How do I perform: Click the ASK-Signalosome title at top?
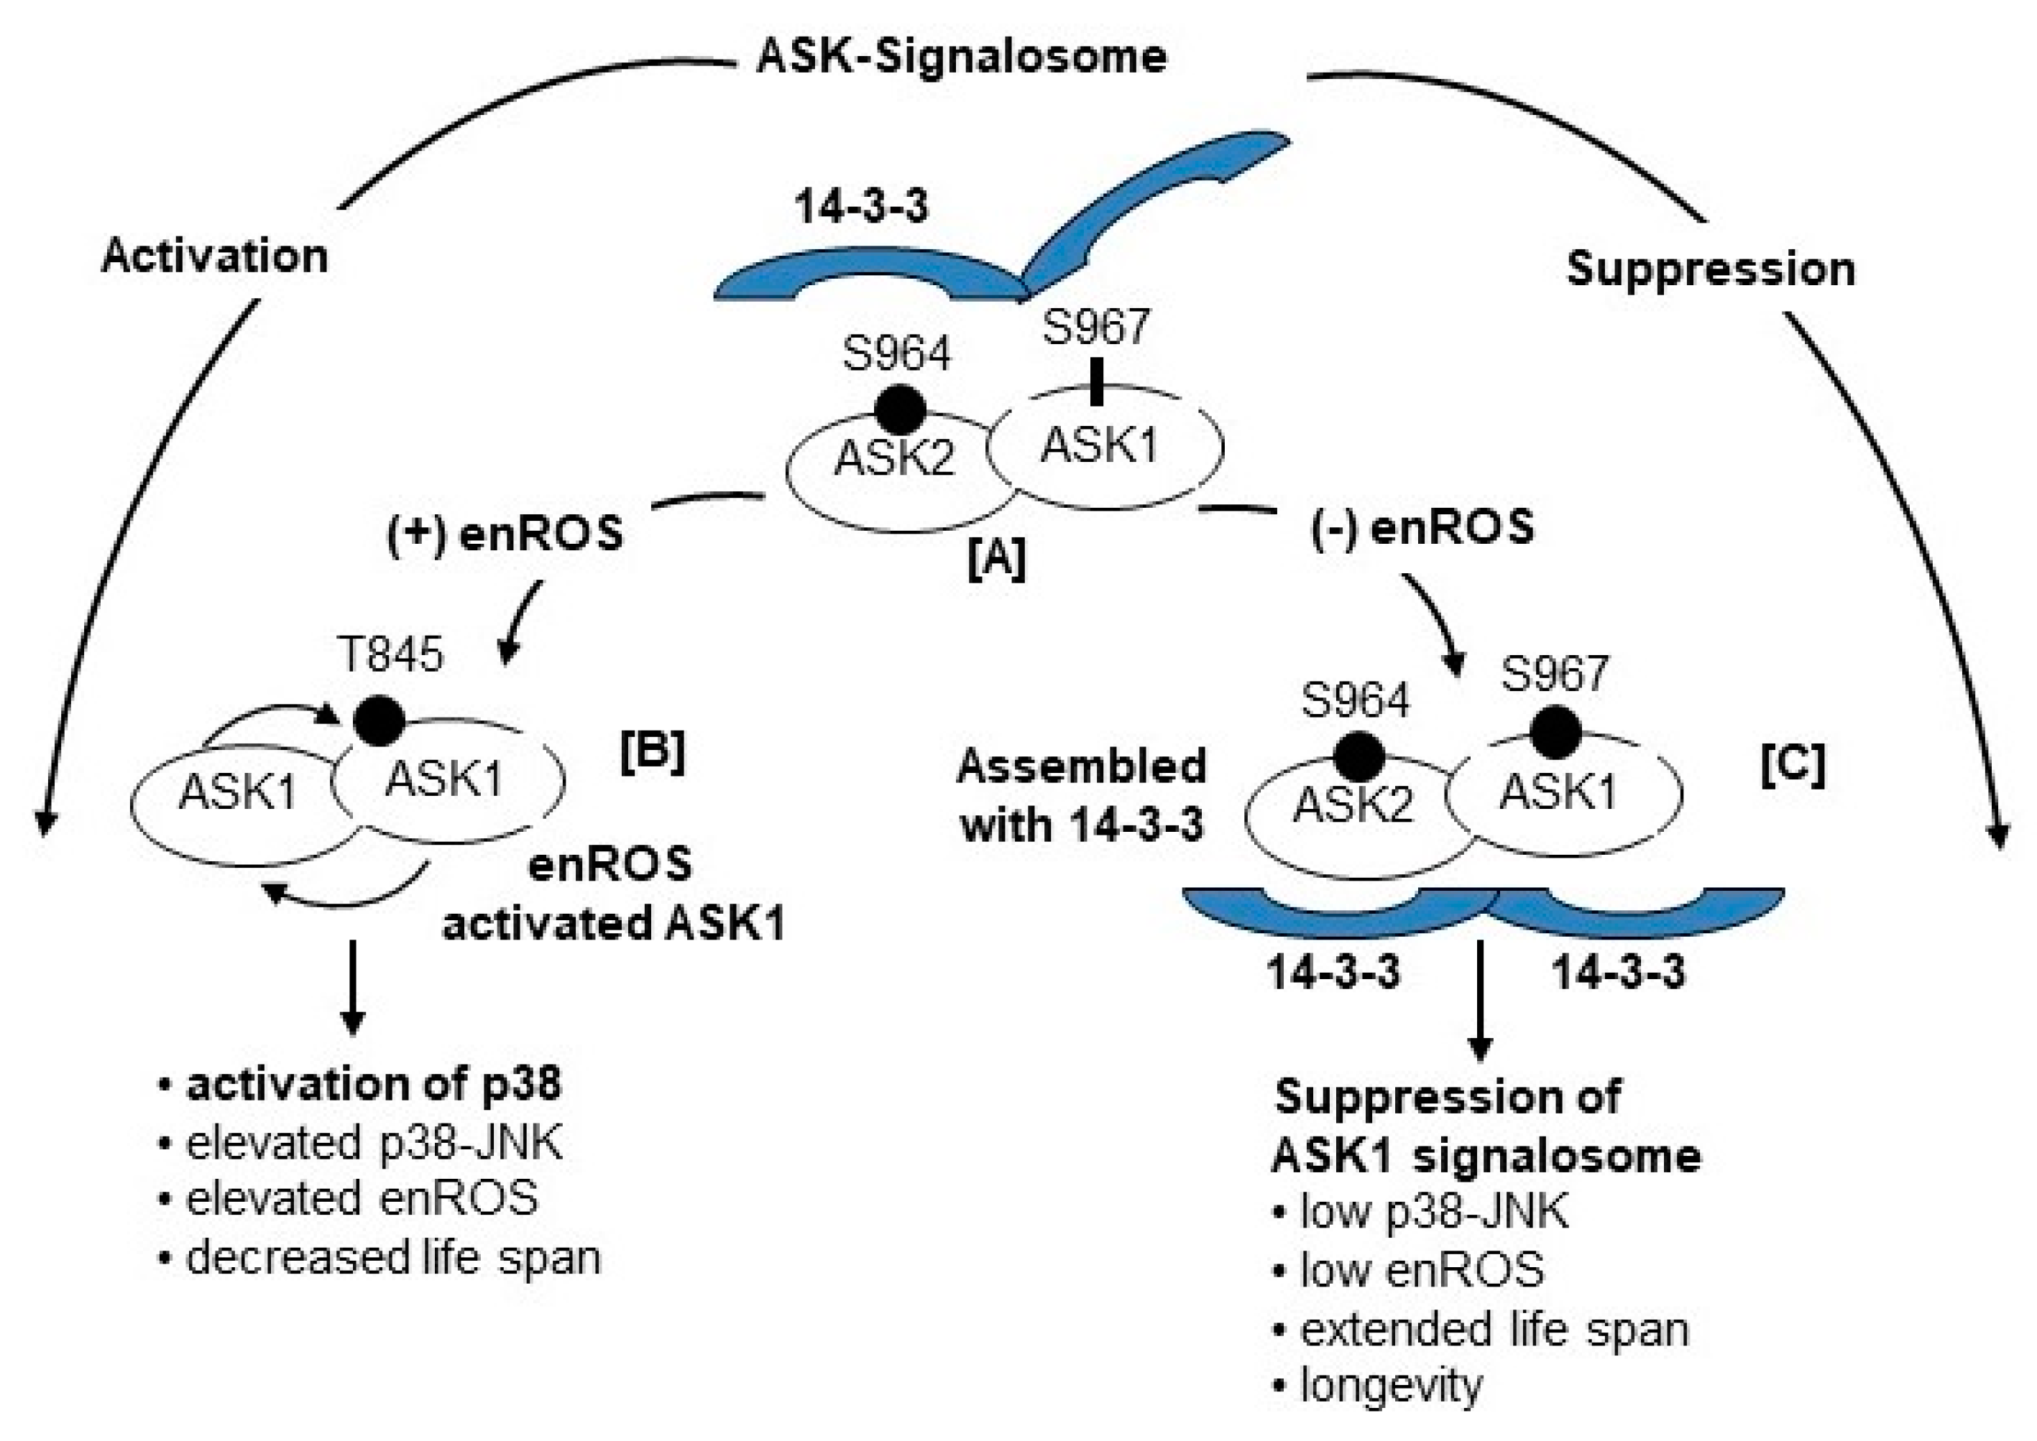(960, 57)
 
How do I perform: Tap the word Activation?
(215, 256)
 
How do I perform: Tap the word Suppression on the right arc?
(1711, 269)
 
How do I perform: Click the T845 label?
(390, 656)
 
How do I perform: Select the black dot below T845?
(379, 720)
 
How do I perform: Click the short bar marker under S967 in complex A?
(1096, 381)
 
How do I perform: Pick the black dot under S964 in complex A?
(900, 409)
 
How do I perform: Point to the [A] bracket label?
(996, 558)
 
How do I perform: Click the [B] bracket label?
(653, 752)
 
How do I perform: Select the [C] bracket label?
(1793, 764)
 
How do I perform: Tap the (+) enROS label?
(505, 535)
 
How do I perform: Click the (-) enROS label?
(1422, 528)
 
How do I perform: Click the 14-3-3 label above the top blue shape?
(861, 207)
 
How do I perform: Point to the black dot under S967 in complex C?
(1554, 733)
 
